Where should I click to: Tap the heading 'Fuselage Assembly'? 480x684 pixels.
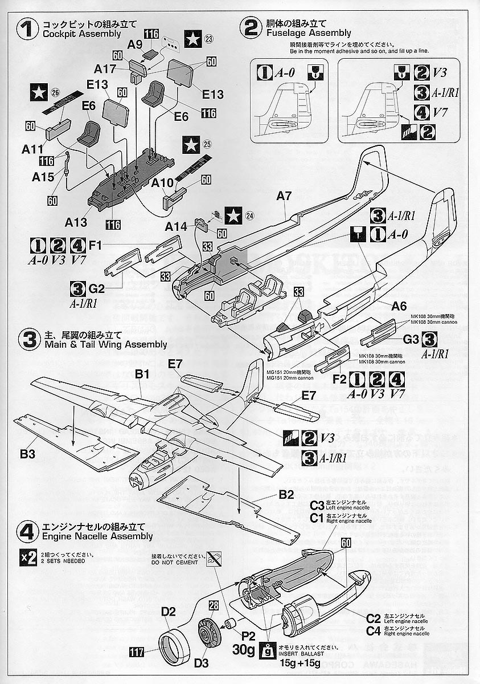click(307, 33)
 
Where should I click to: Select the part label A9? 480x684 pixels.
click(135, 44)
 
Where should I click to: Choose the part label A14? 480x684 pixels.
click(176, 227)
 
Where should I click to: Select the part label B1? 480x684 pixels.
click(142, 374)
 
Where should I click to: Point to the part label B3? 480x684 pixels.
click(28, 454)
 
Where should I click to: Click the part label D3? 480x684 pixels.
click(202, 663)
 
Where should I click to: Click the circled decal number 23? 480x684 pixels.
click(208, 39)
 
